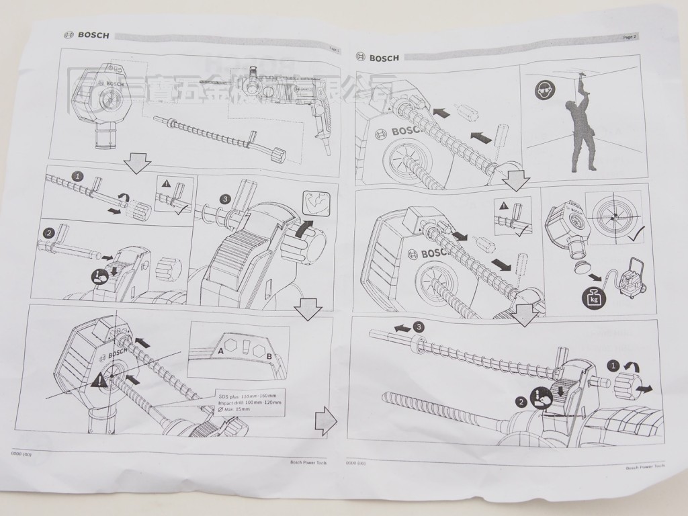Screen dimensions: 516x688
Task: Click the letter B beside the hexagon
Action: coord(269,357)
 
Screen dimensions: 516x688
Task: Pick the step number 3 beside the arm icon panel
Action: coord(225,198)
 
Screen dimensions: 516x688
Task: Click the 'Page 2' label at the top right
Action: coord(630,38)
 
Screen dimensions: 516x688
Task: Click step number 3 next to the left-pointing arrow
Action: coord(419,327)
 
